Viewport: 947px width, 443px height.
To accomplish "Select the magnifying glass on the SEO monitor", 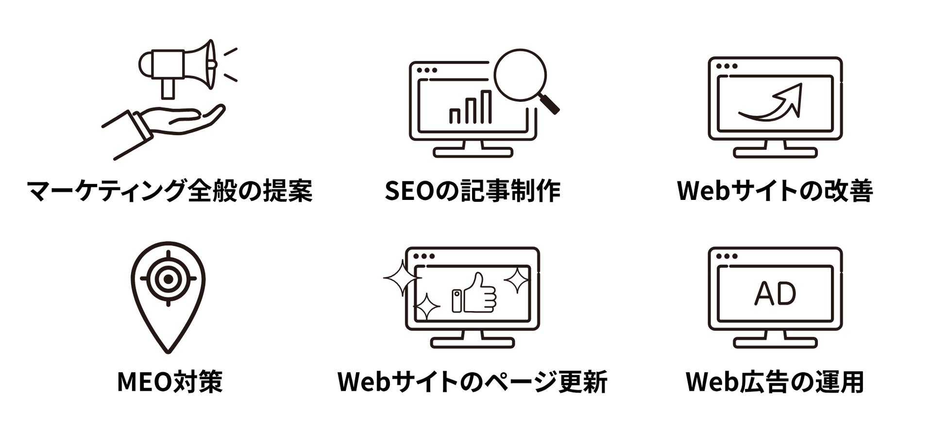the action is click(520, 76).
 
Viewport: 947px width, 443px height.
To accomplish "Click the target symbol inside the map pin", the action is click(168, 279).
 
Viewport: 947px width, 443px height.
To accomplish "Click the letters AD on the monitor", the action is click(775, 294).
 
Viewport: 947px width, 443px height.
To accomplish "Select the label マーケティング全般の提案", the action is click(169, 191).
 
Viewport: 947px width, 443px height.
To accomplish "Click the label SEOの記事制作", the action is click(472, 191).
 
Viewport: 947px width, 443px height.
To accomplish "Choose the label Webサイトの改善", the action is click(775, 191).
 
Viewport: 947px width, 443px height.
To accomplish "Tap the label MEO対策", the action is click(169, 381).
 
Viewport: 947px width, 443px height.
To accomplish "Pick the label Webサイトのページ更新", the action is click(472, 381).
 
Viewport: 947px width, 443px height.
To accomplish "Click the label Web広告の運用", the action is click(775, 381).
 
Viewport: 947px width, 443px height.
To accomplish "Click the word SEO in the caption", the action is click(408, 191).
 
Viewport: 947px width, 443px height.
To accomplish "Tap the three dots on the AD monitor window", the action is click(727, 256).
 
